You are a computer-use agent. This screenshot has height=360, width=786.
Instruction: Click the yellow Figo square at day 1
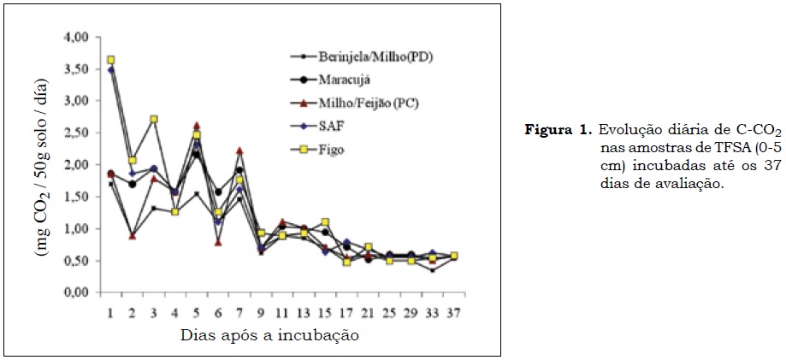click(x=111, y=60)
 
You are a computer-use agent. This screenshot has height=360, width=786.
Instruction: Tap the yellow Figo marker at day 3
click(x=154, y=119)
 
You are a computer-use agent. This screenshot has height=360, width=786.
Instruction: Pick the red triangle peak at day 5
click(x=197, y=126)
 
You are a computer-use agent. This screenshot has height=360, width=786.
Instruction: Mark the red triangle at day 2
click(x=133, y=235)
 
